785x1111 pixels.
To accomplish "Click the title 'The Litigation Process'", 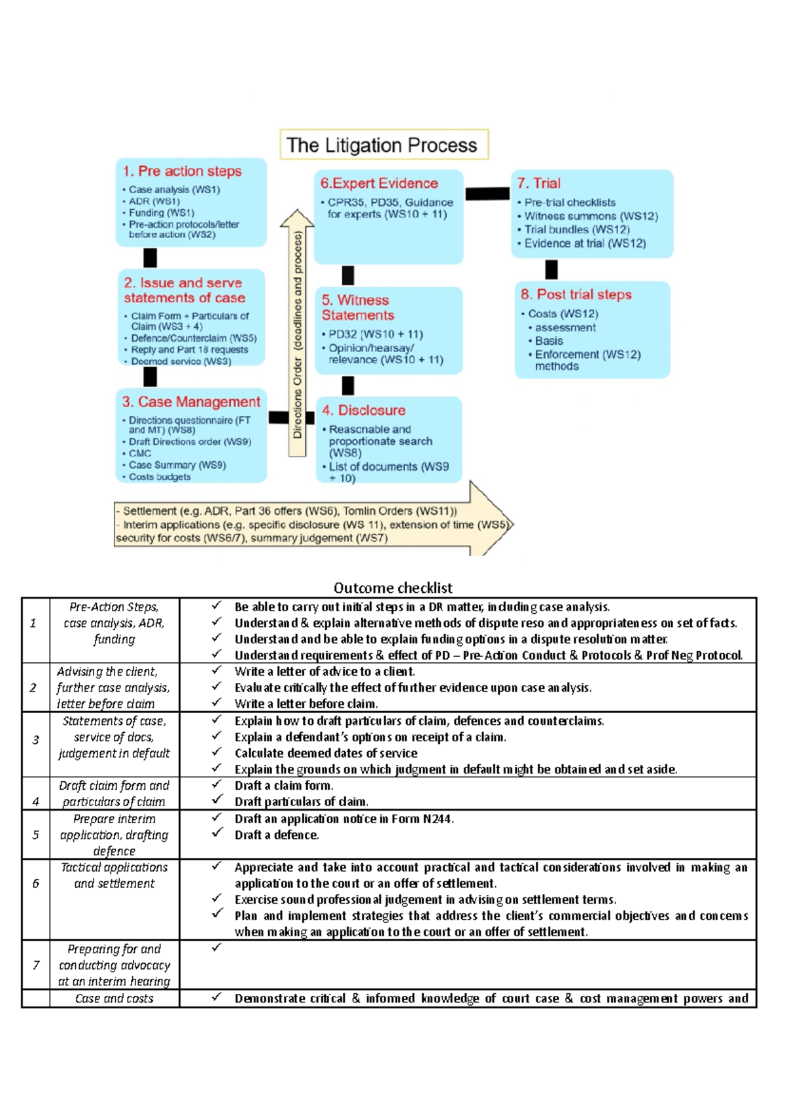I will click(x=383, y=145).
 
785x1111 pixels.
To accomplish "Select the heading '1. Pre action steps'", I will click(x=182, y=171).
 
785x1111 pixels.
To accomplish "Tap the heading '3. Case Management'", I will click(x=191, y=402).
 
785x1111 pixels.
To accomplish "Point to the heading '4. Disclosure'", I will click(x=364, y=410).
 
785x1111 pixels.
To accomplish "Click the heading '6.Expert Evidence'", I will click(x=379, y=183).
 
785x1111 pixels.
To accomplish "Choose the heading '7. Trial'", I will click(x=539, y=183).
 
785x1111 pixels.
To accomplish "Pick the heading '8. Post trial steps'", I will click(x=576, y=294).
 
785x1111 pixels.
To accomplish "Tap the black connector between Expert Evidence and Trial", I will click(x=487, y=193).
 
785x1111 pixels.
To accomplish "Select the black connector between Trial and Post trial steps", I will click(x=551, y=269).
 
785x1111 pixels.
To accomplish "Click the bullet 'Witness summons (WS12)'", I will click(x=591, y=216).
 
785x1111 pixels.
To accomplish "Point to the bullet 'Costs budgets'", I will click(x=160, y=477).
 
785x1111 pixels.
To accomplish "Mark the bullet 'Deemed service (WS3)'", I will click(x=181, y=361).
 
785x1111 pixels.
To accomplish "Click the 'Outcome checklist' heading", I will click(x=392, y=588).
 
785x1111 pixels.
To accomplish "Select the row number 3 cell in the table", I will click(x=36, y=740).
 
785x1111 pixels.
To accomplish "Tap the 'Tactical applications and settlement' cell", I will click(x=114, y=875).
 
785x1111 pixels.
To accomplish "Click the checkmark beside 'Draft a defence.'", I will click(x=217, y=833).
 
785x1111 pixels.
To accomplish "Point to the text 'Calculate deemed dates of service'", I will click(x=326, y=753).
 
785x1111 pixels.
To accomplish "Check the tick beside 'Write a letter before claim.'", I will click(x=217, y=702).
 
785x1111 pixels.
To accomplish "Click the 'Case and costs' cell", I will click(x=114, y=998).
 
